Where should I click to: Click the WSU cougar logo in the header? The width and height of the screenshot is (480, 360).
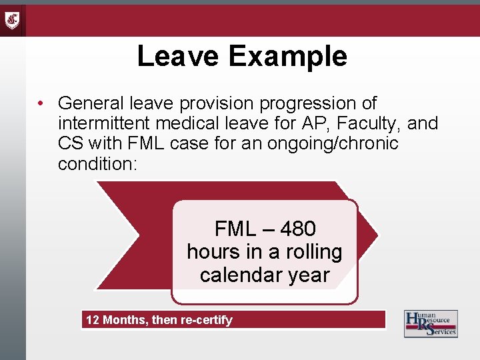pyautogui.click(x=13, y=20)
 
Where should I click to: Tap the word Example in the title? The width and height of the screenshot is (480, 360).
pyautogui.click(x=287, y=56)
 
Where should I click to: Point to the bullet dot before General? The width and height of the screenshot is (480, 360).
pyautogui.click(x=41, y=104)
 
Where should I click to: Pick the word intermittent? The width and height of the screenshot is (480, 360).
pyautogui.click(x=109, y=123)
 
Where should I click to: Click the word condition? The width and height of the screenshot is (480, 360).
pyautogui.click(x=97, y=163)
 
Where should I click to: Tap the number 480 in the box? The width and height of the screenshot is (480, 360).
pyautogui.click(x=297, y=229)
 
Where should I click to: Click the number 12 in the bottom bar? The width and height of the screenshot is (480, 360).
pyautogui.click(x=92, y=320)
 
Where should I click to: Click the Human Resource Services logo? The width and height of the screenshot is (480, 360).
pyautogui.click(x=431, y=323)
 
